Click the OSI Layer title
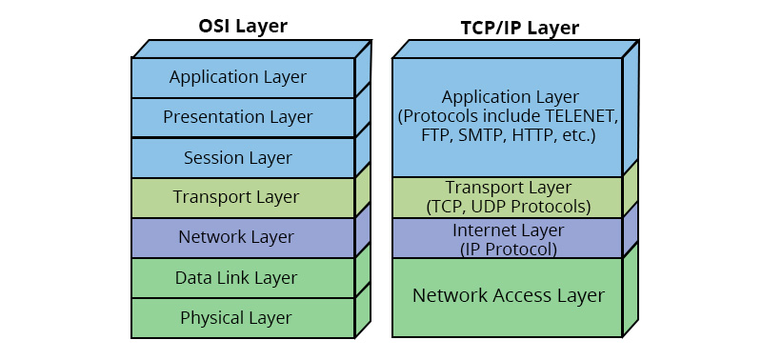point(243,26)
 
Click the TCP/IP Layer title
point(519,28)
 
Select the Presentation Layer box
point(243,117)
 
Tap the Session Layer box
point(243,158)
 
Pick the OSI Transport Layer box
point(243,198)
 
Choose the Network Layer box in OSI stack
point(243,237)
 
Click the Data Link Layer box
point(243,278)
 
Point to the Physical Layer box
point(243,318)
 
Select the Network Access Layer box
point(508,297)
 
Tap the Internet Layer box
point(508,237)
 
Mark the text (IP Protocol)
point(509,250)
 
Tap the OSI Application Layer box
point(243,78)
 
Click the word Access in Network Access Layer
point(523,295)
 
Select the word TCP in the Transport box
point(444,207)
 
